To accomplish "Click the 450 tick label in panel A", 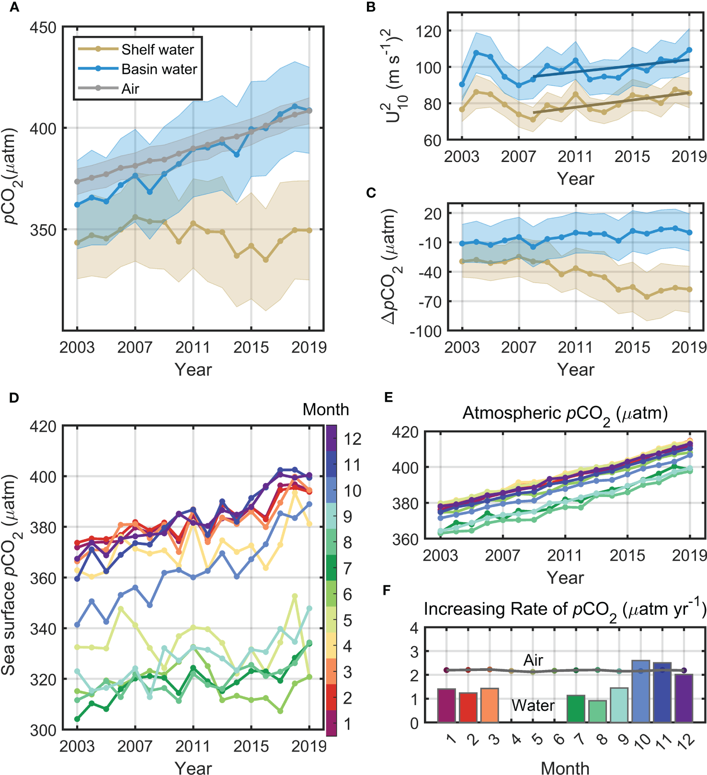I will [43, 28].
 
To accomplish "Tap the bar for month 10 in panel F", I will [641, 691].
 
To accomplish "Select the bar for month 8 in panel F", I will [597, 711].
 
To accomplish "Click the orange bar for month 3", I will [490, 705].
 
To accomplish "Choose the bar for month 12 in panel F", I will [684, 698].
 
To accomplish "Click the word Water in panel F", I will [533, 706].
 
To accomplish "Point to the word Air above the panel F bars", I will [533, 660].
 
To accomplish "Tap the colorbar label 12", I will [352, 439].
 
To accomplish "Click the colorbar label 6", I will [348, 594].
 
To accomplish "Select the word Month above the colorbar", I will [326, 409].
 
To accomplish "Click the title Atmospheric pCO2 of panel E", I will [565, 414].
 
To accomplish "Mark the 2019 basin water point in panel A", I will [309, 111].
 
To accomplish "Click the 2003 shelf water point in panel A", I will [77, 243].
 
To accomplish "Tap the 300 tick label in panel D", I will [43, 730].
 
